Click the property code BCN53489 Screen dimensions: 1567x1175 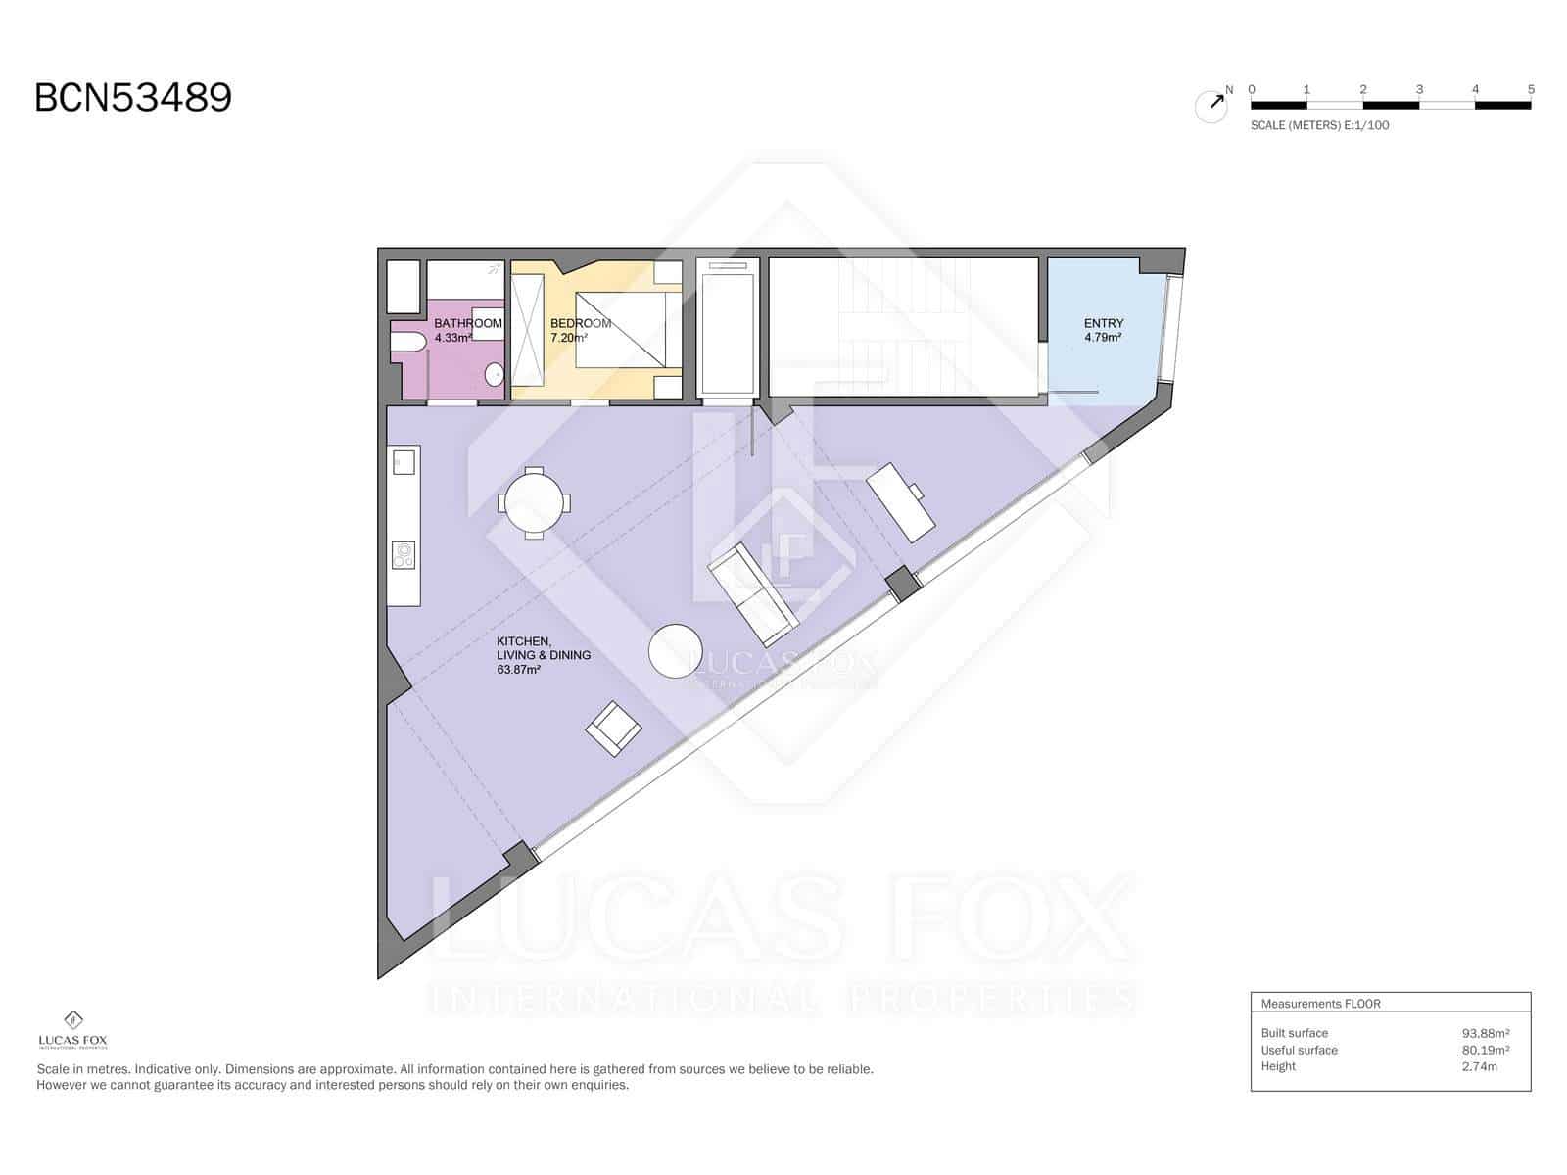(133, 97)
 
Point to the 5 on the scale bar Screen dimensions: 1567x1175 (1531, 89)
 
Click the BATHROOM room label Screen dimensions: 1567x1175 (467, 323)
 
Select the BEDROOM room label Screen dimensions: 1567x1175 (581, 323)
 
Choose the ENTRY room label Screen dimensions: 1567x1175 (1103, 323)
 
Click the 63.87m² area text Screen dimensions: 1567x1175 (518, 669)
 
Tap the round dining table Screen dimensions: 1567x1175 (534, 502)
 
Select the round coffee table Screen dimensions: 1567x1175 (675, 650)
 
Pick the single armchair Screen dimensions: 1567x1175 (613, 728)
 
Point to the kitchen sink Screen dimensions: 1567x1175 (404, 462)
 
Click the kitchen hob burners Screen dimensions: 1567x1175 (404, 555)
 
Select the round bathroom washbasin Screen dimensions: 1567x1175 (494, 374)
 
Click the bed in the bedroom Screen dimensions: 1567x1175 (620, 330)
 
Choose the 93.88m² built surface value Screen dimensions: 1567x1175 (1485, 1033)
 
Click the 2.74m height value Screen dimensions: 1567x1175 (1479, 1066)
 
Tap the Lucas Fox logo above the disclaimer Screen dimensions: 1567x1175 (72, 1029)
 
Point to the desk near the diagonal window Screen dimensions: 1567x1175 (900, 502)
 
